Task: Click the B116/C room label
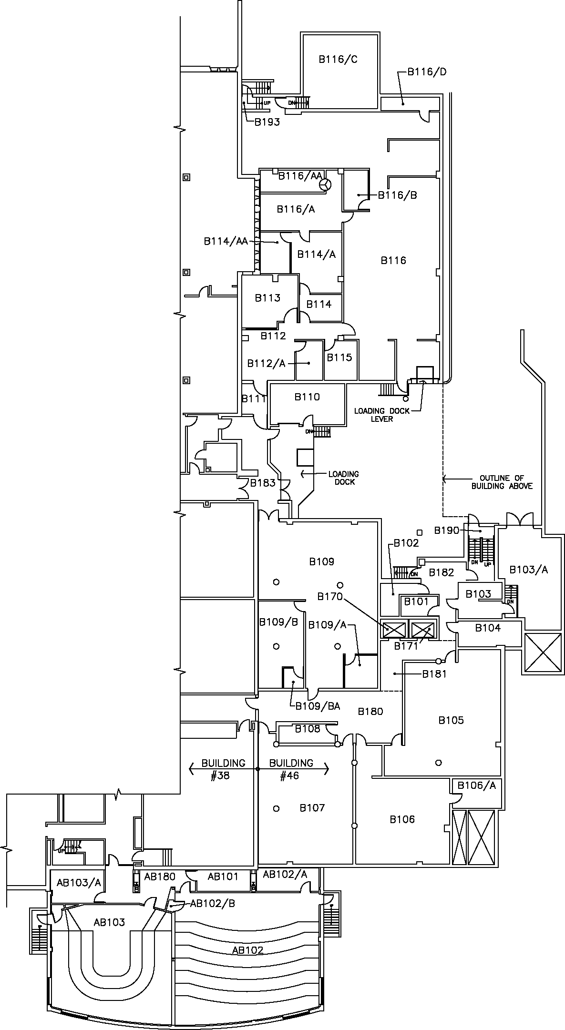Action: (x=338, y=60)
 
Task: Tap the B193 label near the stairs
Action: (x=267, y=122)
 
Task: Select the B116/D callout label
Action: (x=427, y=72)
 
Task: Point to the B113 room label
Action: (x=267, y=298)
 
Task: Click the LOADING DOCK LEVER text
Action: (x=381, y=415)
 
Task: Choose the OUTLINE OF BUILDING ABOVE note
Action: (x=502, y=482)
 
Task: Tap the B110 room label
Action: (x=307, y=397)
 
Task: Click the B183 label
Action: (x=263, y=483)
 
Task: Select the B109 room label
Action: (x=322, y=561)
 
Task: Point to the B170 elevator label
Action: (x=330, y=596)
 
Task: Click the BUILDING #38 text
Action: (x=223, y=769)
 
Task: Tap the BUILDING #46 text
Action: (x=291, y=769)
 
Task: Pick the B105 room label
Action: (x=451, y=720)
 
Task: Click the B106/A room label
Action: (x=477, y=785)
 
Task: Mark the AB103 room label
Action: (x=109, y=922)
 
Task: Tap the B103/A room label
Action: (x=529, y=570)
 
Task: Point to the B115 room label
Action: (x=339, y=357)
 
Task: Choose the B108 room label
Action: (x=308, y=728)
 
